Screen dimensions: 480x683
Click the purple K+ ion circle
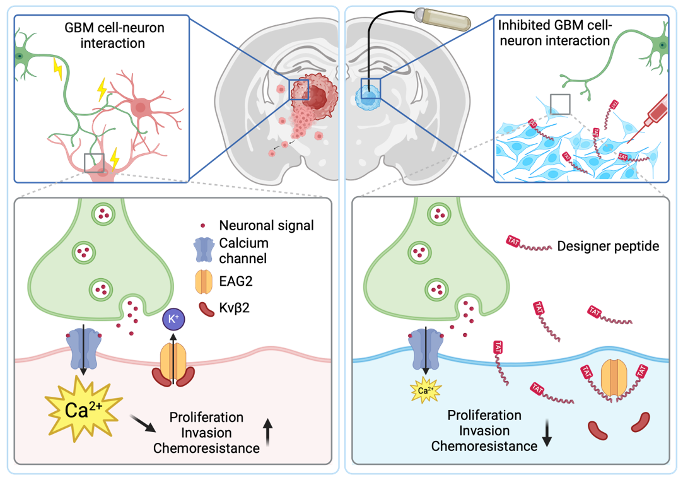click(x=173, y=319)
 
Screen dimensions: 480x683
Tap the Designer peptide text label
click(x=608, y=246)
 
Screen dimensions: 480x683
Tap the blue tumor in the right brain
click(x=366, y=97)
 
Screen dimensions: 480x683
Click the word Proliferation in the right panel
click(x=484, y=416)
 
